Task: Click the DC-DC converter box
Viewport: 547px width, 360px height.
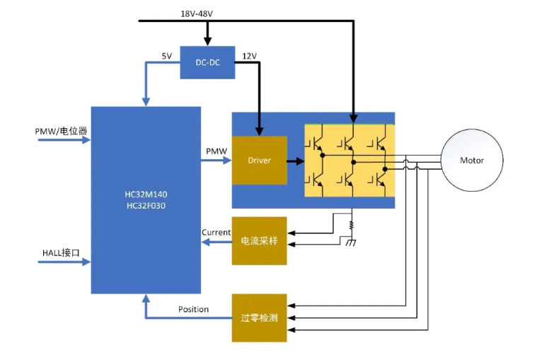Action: coord(207,62)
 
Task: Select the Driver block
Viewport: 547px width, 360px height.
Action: coord(260,160)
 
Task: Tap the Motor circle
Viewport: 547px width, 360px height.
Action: coord(472,160)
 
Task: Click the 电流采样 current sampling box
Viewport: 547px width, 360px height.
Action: coord(259,240)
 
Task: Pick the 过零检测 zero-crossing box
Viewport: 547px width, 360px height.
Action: coord(259,318)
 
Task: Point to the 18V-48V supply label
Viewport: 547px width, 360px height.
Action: coord(197,14)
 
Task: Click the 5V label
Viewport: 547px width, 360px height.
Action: coord(167,56)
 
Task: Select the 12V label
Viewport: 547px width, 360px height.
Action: coord(249,56)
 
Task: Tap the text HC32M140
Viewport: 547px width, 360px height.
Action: coord(146,194)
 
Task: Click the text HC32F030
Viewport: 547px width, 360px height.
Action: coord(146,206)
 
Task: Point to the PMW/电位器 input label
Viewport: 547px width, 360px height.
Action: coord(61,131)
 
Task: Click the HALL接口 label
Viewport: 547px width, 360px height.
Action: coord(61,253)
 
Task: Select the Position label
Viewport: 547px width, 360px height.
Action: coord(193,309)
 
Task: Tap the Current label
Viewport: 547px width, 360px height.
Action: coord(216,232)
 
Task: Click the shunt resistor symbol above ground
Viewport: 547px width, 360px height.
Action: coord(351,225)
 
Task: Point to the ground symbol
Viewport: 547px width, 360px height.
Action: coord(351,243)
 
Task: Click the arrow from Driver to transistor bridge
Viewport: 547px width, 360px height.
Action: coord(296,161)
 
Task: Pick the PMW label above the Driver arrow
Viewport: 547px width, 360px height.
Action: coord(217,151)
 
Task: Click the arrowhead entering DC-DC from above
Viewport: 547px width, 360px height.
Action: coord(207,40)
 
